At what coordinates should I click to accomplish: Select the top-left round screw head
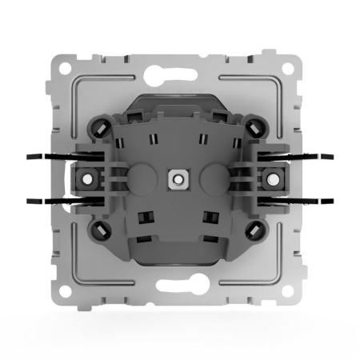103,126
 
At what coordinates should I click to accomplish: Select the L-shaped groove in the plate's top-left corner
80,80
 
